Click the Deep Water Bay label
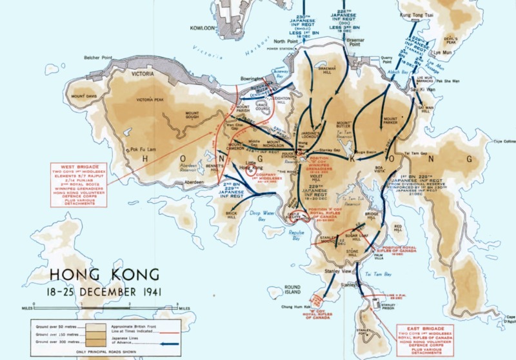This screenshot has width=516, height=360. (x=263, y=215)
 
